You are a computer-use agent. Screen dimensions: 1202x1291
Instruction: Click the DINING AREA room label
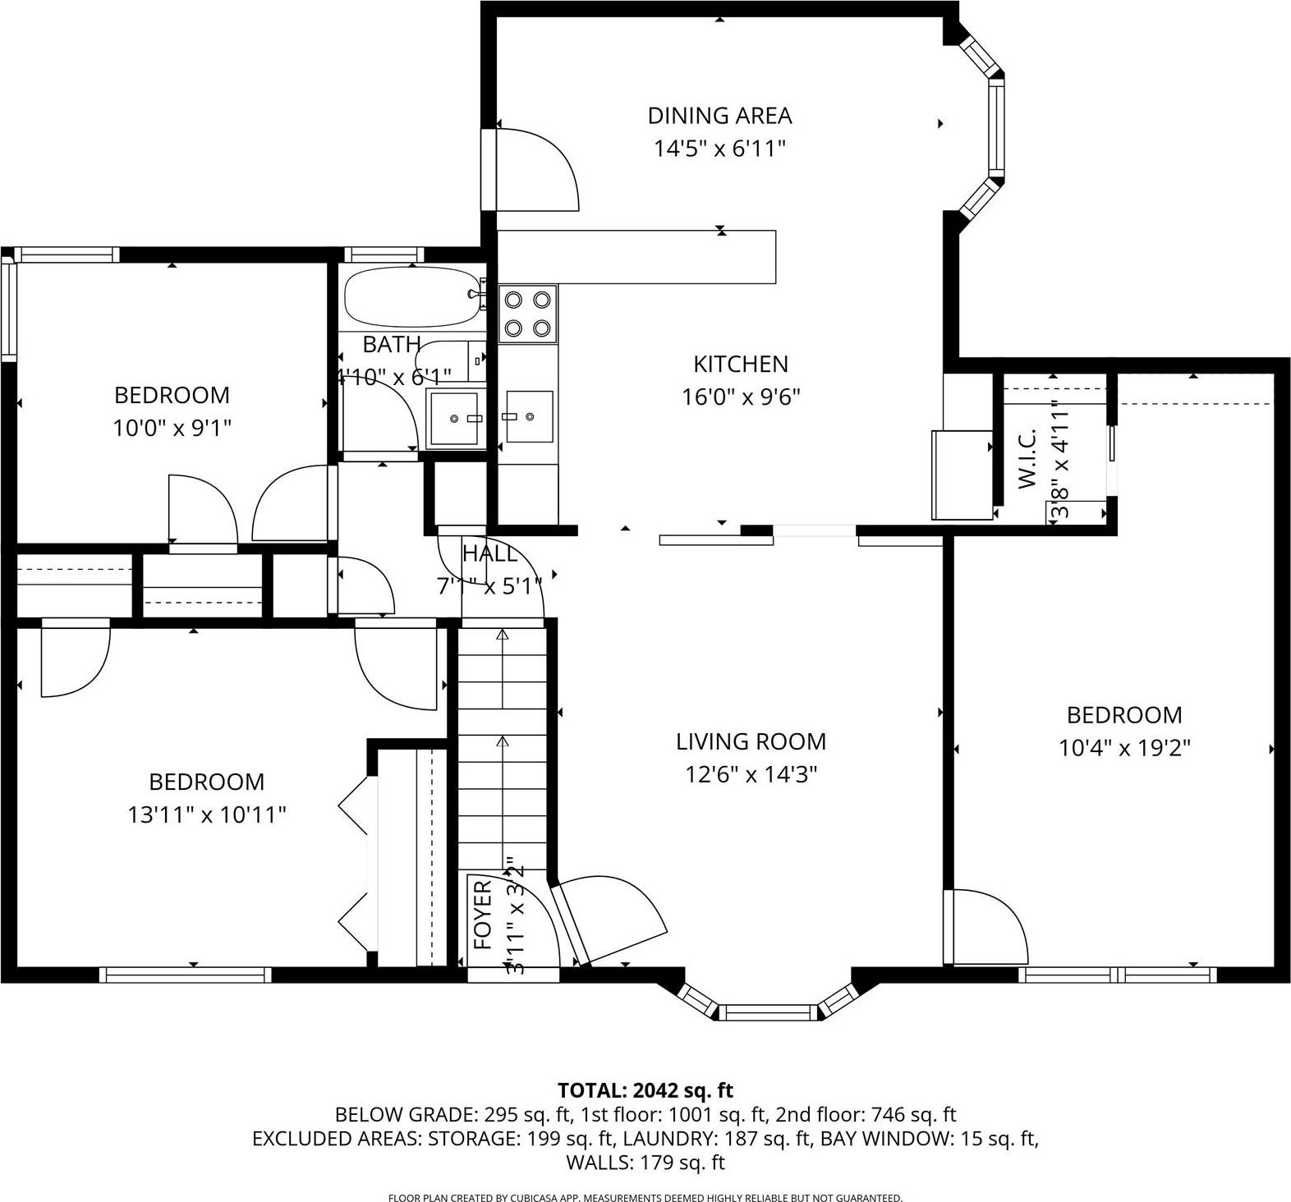coord(719,115)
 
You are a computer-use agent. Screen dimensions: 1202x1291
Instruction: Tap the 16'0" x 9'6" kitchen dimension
coord(741,397)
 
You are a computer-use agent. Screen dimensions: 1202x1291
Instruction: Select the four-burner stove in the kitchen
coord(527,314)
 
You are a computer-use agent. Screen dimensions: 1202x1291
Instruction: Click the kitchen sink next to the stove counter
coord(528,416)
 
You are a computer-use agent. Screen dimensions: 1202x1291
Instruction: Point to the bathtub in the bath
coord(411,297)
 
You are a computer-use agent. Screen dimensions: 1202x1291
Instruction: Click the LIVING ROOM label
coord(751,741)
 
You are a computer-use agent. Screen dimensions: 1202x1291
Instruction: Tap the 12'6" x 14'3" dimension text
coord(751,774)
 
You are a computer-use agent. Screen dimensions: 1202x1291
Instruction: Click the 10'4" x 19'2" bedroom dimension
coord(1124,748)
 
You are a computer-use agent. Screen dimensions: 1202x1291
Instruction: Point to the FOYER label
coord(484,914)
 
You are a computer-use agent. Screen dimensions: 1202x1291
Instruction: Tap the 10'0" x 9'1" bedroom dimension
coord(172,428)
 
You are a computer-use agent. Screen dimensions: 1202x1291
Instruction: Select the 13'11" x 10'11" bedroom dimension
coord(207,814)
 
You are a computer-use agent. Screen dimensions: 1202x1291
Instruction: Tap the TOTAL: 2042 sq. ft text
coord(645,1090)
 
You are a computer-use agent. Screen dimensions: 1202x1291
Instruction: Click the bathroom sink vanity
coord(453,419)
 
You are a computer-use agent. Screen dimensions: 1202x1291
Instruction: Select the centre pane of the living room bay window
coord(770,1012)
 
